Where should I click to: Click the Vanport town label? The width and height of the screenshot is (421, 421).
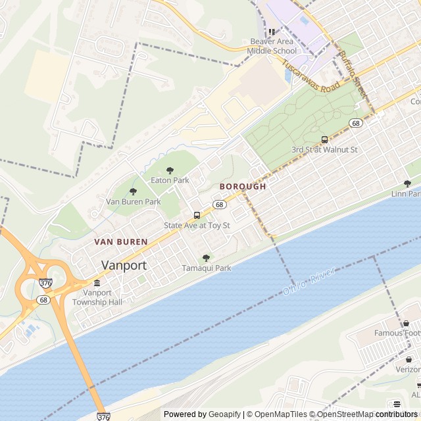(124, 265)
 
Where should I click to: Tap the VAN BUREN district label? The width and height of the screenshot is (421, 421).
(121, 242)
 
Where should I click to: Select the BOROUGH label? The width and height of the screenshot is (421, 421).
(243, 187)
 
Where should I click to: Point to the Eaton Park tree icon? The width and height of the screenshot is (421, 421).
(170, 171)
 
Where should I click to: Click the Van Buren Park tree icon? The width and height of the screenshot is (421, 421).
(133, 191)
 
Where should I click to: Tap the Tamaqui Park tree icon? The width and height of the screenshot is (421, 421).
(206, 258)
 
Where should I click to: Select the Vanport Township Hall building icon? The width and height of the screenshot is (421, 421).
(97, 283)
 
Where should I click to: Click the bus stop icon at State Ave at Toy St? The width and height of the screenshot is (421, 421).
(197, 215)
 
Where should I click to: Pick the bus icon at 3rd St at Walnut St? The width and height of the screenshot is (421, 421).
(324, 139)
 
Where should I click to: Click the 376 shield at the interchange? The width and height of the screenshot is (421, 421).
(45, 283)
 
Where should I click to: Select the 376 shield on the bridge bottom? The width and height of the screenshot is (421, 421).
(103, 416)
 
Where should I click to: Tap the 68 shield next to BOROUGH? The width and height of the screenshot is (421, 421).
(220, 205)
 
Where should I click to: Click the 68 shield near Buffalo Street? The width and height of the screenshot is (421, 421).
(356, 123)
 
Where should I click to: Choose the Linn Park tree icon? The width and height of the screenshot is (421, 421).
(407, 184)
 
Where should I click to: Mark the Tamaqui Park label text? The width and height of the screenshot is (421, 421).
(207, 268)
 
